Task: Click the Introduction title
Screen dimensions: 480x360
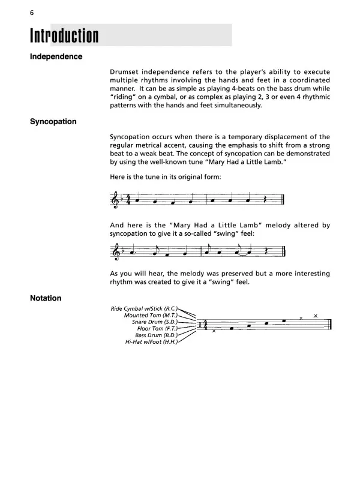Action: [64, 36]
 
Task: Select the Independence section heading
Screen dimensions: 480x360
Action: [56, 57]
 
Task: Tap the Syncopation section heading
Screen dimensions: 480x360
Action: [53, 122]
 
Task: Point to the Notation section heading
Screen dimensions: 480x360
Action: [46, 298]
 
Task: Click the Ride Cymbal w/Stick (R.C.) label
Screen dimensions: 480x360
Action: [145, 309]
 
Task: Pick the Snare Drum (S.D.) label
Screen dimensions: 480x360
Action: [155, 322]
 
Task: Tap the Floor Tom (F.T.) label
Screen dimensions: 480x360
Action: [156, 329]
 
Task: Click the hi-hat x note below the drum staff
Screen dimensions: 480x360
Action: [214, 332]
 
